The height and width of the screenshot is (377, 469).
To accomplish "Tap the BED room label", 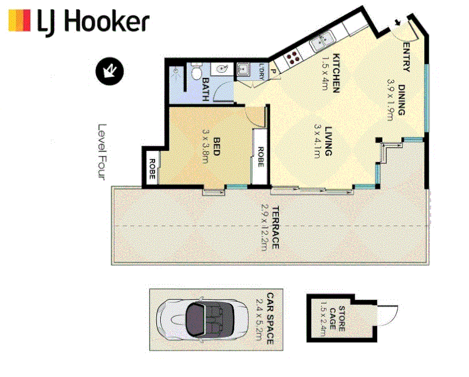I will coord(216,148).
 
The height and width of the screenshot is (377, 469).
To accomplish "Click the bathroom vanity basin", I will coord(221,68).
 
